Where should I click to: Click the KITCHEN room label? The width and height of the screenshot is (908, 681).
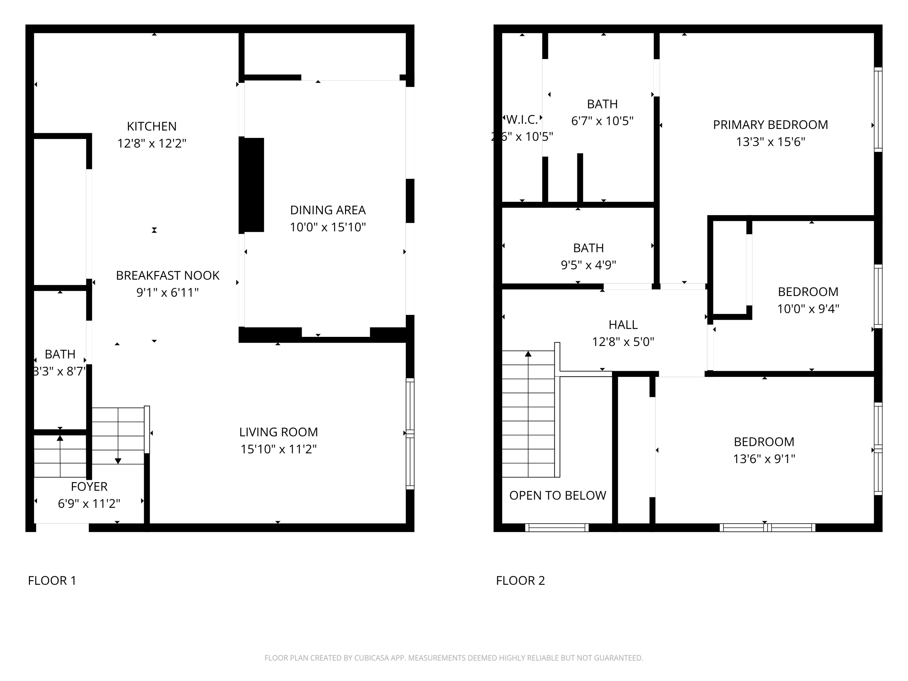coord(151,126)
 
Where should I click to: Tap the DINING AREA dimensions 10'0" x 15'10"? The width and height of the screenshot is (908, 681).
coord(327,227)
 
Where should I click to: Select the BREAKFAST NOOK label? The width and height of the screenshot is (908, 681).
coord(167,275)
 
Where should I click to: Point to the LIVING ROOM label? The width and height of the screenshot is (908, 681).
coord(278,432)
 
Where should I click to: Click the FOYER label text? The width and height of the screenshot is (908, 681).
coord(89,486)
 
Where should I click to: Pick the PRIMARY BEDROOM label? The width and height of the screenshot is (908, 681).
coord(770,125)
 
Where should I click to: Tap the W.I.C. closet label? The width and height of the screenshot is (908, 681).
coord(522,120)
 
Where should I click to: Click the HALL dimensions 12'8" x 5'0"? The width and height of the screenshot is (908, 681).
coord(623,341)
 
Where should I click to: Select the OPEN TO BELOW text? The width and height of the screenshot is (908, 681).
coord(558,495)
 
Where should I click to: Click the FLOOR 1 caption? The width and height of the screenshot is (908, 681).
coord(52,581)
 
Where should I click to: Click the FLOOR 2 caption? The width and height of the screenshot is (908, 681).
coord(520,581)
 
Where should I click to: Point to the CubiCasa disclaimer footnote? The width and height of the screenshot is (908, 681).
coord(454,658)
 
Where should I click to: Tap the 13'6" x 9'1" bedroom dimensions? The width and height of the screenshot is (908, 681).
coord(764,459)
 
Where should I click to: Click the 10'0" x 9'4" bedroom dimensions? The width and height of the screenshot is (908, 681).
coord(808,309)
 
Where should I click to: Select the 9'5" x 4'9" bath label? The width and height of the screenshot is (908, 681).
coord(588,265)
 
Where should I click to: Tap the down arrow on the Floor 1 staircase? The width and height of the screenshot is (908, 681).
coord(118,461)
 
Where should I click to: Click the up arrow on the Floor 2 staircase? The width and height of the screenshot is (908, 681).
coord(528,354)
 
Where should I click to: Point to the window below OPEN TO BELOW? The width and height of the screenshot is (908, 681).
coord(557,528)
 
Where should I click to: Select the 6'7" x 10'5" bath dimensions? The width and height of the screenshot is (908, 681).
coord(602,121)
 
